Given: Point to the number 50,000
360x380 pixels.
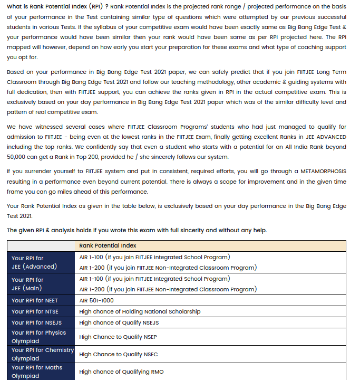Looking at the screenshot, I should [x=20, y=157].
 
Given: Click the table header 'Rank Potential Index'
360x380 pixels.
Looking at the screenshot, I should [x=108, y=245].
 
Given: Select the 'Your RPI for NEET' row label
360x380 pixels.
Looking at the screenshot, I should [x=35, y=300].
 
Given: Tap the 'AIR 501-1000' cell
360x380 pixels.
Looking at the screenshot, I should [x=96, y=300].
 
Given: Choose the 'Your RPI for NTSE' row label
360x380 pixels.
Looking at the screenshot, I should [x=35, y=311].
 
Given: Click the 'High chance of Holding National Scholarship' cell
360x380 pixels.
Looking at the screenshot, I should [x=140, y=311].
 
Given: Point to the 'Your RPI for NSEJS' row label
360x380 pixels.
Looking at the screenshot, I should [x=36, y=322].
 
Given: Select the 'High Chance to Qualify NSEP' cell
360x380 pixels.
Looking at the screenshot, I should [x=119, y=337].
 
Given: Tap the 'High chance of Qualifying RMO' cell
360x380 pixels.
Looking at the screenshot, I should [x=121, y=372].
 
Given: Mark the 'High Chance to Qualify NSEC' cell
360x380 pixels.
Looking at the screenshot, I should [x=119, y=354].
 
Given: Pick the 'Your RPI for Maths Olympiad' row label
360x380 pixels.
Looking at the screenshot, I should [x=37, y=372].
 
